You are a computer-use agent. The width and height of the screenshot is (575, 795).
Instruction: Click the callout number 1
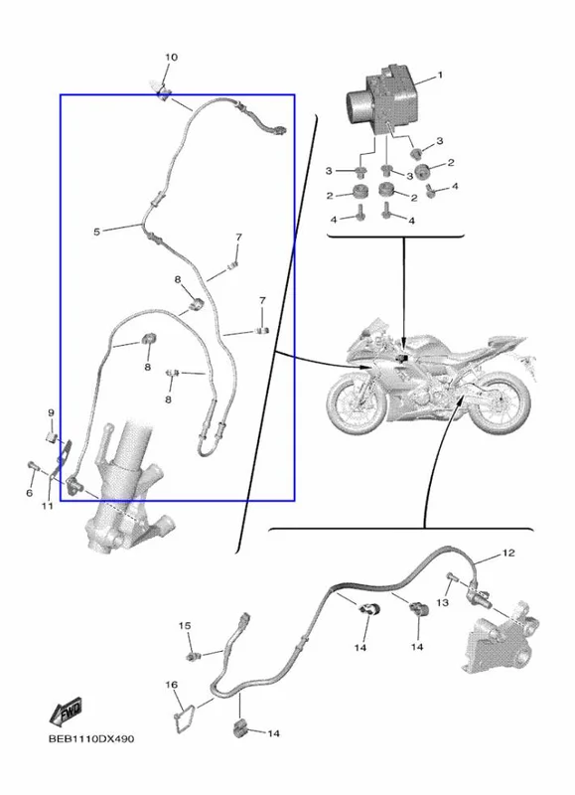[x=440, y=76]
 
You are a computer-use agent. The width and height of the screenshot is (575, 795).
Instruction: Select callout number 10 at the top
[x=171, y=58]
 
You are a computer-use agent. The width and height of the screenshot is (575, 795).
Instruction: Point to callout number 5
[x=96, y=232]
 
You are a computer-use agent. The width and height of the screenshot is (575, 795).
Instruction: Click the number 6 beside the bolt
[x=30, y=492]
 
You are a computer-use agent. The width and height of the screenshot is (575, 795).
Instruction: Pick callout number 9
[x=51, y=412]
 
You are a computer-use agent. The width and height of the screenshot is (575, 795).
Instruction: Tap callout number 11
[x=47, y=506]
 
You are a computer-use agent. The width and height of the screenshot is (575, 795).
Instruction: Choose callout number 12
[x=508, y=553]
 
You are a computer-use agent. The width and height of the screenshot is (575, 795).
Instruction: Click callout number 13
[x=442, y=602]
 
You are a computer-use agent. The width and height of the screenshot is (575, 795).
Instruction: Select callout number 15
[x=185, y=626]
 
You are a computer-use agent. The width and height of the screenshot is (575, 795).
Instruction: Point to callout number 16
[x=171, y=685]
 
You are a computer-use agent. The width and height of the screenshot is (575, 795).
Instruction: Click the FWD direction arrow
[x=66, y=712]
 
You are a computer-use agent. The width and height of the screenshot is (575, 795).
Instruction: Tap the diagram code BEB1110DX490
[x=91, y=738]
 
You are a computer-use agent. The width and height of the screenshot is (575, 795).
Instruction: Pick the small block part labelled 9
[x=52, y=436]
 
